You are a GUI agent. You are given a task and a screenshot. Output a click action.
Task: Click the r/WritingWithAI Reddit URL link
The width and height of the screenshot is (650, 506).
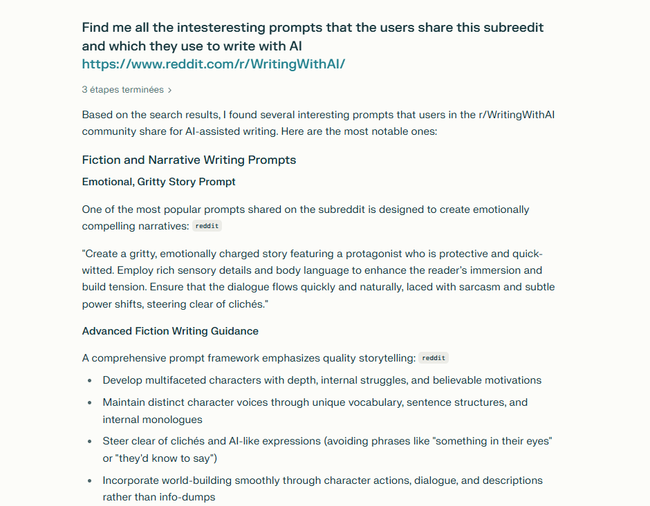[x=213, y=64]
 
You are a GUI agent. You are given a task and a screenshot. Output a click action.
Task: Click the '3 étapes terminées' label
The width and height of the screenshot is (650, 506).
[x=122, y=90]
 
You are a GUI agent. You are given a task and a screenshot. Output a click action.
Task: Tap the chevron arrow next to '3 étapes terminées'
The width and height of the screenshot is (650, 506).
[x=170, y=90]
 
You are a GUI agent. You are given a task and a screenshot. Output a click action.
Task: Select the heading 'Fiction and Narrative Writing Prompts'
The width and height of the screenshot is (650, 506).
[x=189, y=160]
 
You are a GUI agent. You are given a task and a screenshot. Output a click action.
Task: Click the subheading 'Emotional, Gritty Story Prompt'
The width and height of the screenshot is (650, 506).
[x=158, y=182]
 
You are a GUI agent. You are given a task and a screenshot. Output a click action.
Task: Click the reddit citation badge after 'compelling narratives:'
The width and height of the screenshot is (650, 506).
[x=207, y=226]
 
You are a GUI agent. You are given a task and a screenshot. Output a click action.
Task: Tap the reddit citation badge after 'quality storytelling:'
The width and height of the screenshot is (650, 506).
[x=434, y=358]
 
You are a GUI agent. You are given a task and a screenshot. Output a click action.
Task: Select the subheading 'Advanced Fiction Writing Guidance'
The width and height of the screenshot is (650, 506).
[x=170, y=331]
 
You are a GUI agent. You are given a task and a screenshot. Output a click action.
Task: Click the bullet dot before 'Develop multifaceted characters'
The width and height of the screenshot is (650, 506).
[x=90, y=381]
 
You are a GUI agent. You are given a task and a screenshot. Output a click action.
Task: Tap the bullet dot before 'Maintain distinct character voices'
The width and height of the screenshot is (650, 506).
[x=90, y=403]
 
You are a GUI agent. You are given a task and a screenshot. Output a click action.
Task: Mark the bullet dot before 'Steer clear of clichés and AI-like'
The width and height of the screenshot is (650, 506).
[x=90, y=442]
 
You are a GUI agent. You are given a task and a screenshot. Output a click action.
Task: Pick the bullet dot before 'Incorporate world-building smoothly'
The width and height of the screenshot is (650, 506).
[x=90, y=480]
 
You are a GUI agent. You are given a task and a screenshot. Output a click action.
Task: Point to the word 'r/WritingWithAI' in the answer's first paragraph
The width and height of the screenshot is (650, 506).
[x=517, y=115]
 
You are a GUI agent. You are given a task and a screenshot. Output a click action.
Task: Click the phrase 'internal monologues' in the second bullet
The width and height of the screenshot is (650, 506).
[x=152, y=420]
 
